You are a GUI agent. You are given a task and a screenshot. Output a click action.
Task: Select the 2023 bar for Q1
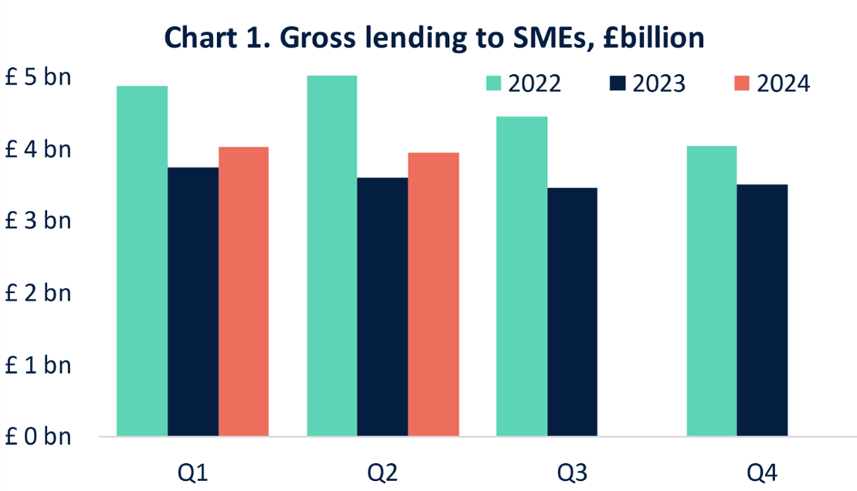(x=193, y=301)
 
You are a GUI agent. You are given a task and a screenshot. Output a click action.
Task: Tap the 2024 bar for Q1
(x=243, y=291)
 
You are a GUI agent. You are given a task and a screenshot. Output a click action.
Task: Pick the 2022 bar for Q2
(x=332, y=256)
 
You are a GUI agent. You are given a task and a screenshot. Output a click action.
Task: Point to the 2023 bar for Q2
(x=383, y=306)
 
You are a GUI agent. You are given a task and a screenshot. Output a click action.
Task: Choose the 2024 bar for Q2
(x=434, y=294)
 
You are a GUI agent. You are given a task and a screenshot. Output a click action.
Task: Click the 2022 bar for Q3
(x=522, y=276)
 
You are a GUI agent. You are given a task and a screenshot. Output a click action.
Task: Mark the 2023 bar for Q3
(x=573, y=312)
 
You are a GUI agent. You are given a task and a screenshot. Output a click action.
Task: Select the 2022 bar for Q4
(x=712, y=291)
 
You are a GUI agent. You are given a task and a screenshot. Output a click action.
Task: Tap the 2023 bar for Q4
(x=762, y=310)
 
